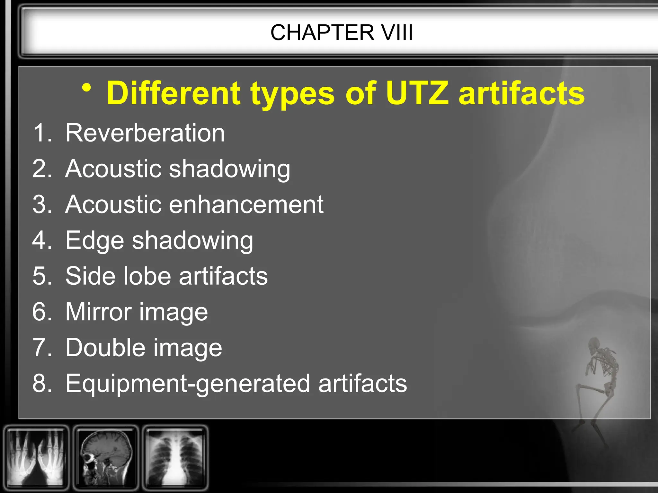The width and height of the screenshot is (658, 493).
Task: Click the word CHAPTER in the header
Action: [322, 32]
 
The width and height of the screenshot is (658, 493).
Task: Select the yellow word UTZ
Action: [417, 93]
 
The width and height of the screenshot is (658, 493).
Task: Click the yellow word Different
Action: [173, 93]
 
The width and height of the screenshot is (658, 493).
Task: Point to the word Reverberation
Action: [145, 133]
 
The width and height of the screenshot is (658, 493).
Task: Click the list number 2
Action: [41, 169]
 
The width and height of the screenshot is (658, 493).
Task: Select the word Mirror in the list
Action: [98, 312]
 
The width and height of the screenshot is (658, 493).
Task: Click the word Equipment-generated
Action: [187, 384]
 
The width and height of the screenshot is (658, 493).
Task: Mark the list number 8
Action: [41, 383]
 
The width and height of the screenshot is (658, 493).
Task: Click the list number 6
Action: [41, 312]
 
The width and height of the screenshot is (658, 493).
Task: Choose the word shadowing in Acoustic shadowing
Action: [229, 169]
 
